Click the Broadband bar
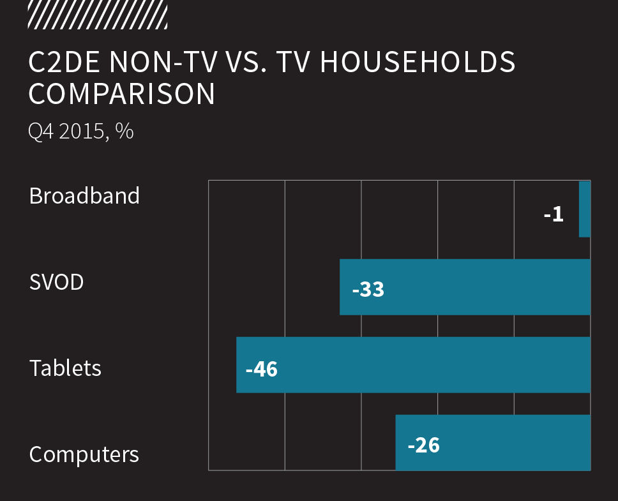pyautogui.click(x=584, y=209)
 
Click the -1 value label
pyautogui.click(x=554, y=214)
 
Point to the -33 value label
pyautogui.click(x=368, y=289)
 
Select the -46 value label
pyautogui.click(x=262, y=369)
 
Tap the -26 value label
pyautogui.click(x=424, y=444)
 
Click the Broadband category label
pyautogui.click(x=84, y=195)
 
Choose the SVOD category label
pyautogui.click(x=57, y=281)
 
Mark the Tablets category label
pyautogui.click(x=65, y=368)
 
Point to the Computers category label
pyautogui.click(x=84, y=454)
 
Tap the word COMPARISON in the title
pyautogui.click(x=122, y=94)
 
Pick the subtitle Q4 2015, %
pyautogui.click(x=81, y=131)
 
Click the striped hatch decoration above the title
pyautogui.click(x=98, y=15)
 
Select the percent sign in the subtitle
pyautogui.click(x=125, y=131)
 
